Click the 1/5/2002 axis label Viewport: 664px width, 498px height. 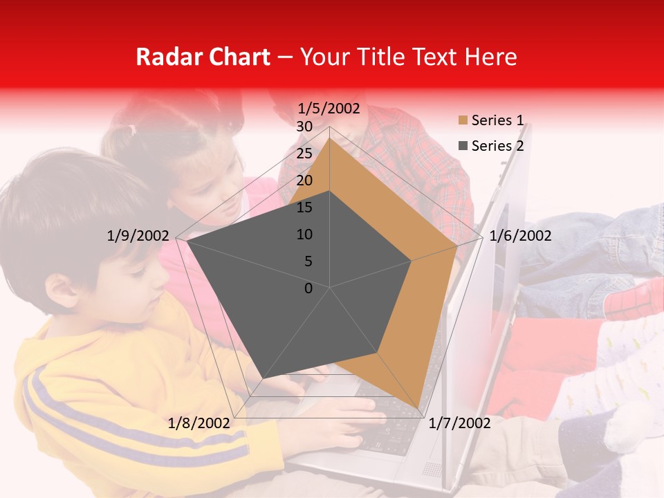click(x=329, y=109)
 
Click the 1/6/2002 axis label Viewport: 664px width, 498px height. click(x=520, y=236)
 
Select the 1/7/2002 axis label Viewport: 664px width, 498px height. click(x=459, y=423)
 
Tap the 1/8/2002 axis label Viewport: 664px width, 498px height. click(x=199, y=423)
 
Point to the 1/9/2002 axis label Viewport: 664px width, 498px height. click(x=138, y=236)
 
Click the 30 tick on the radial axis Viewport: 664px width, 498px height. click(x=304, y=127)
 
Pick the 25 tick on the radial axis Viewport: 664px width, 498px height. click(x=304, y=154)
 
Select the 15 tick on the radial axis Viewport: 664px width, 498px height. click(x=304, y=207)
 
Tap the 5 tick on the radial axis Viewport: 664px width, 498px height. click(x=308, y=261)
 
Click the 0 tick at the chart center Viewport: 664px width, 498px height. click(x=308, y=288)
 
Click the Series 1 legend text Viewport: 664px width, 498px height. click(x=497, y=120)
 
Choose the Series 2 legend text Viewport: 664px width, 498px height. click(x=497, y=146)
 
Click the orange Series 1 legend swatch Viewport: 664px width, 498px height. click(x=462, y=121)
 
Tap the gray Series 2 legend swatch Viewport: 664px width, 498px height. click(x=462, y=146)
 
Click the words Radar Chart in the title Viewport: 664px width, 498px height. click(x=203, y=57)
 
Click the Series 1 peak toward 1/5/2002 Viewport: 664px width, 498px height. click(x=330, y=138)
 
